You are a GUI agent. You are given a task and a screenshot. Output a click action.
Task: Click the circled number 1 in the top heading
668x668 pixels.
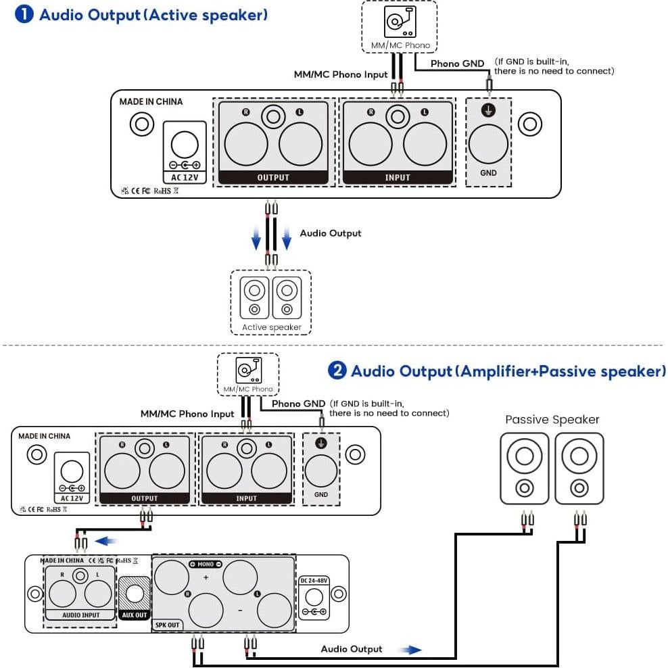click(x=24, y=14)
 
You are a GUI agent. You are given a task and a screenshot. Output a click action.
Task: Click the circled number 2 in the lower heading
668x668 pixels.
click(x=337, y=371)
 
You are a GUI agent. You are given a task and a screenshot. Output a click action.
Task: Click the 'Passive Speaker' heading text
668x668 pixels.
click(x=552, y=420)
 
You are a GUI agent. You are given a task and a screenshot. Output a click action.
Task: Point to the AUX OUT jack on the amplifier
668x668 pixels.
click(x=134, y=594)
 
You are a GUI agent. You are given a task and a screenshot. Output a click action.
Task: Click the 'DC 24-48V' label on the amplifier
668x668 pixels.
click(x=313, y=580)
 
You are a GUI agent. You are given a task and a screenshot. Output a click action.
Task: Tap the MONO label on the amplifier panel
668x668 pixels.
click(x=206, y=564)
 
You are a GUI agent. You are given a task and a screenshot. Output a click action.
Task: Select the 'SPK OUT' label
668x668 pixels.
click(x=167, y=625)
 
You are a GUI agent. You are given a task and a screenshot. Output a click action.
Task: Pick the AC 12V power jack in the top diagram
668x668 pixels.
click(x=185, y=145)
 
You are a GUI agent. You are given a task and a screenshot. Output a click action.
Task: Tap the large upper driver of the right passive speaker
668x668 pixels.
click(x=579, y=458)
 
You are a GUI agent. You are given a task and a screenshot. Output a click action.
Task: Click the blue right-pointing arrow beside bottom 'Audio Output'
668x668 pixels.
click(x=409, y=650)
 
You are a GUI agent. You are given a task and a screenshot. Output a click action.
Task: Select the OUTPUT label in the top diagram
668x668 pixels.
click(x=273, y=178)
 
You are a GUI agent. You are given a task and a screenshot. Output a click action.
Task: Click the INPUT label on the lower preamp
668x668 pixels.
click(x=246, y=498)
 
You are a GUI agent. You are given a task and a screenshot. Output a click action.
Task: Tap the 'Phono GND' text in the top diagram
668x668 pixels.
click(x=457, y=64)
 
